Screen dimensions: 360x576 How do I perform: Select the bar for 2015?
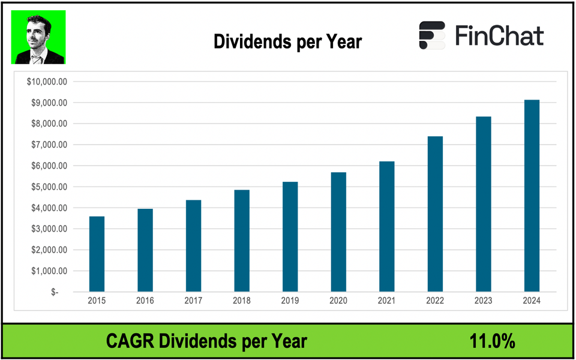coord(97,254)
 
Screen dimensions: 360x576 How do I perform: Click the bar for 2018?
coord(242,241)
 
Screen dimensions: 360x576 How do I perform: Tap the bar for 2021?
coord(386,226)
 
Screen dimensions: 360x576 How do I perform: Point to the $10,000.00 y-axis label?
coord(47,82)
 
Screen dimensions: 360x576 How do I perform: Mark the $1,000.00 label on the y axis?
coord(49,271)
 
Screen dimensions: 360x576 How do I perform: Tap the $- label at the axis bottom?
coord(55,292)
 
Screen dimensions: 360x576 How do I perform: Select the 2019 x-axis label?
coord(290,301)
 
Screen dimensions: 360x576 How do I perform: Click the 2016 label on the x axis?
coord(145,301)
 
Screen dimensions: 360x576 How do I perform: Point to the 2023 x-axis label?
coord(483,301)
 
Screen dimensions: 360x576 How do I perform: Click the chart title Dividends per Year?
coord(287,42)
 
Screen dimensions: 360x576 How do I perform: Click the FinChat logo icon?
coord(432,35)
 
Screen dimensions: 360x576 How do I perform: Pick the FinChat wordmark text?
coord(499,36)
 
